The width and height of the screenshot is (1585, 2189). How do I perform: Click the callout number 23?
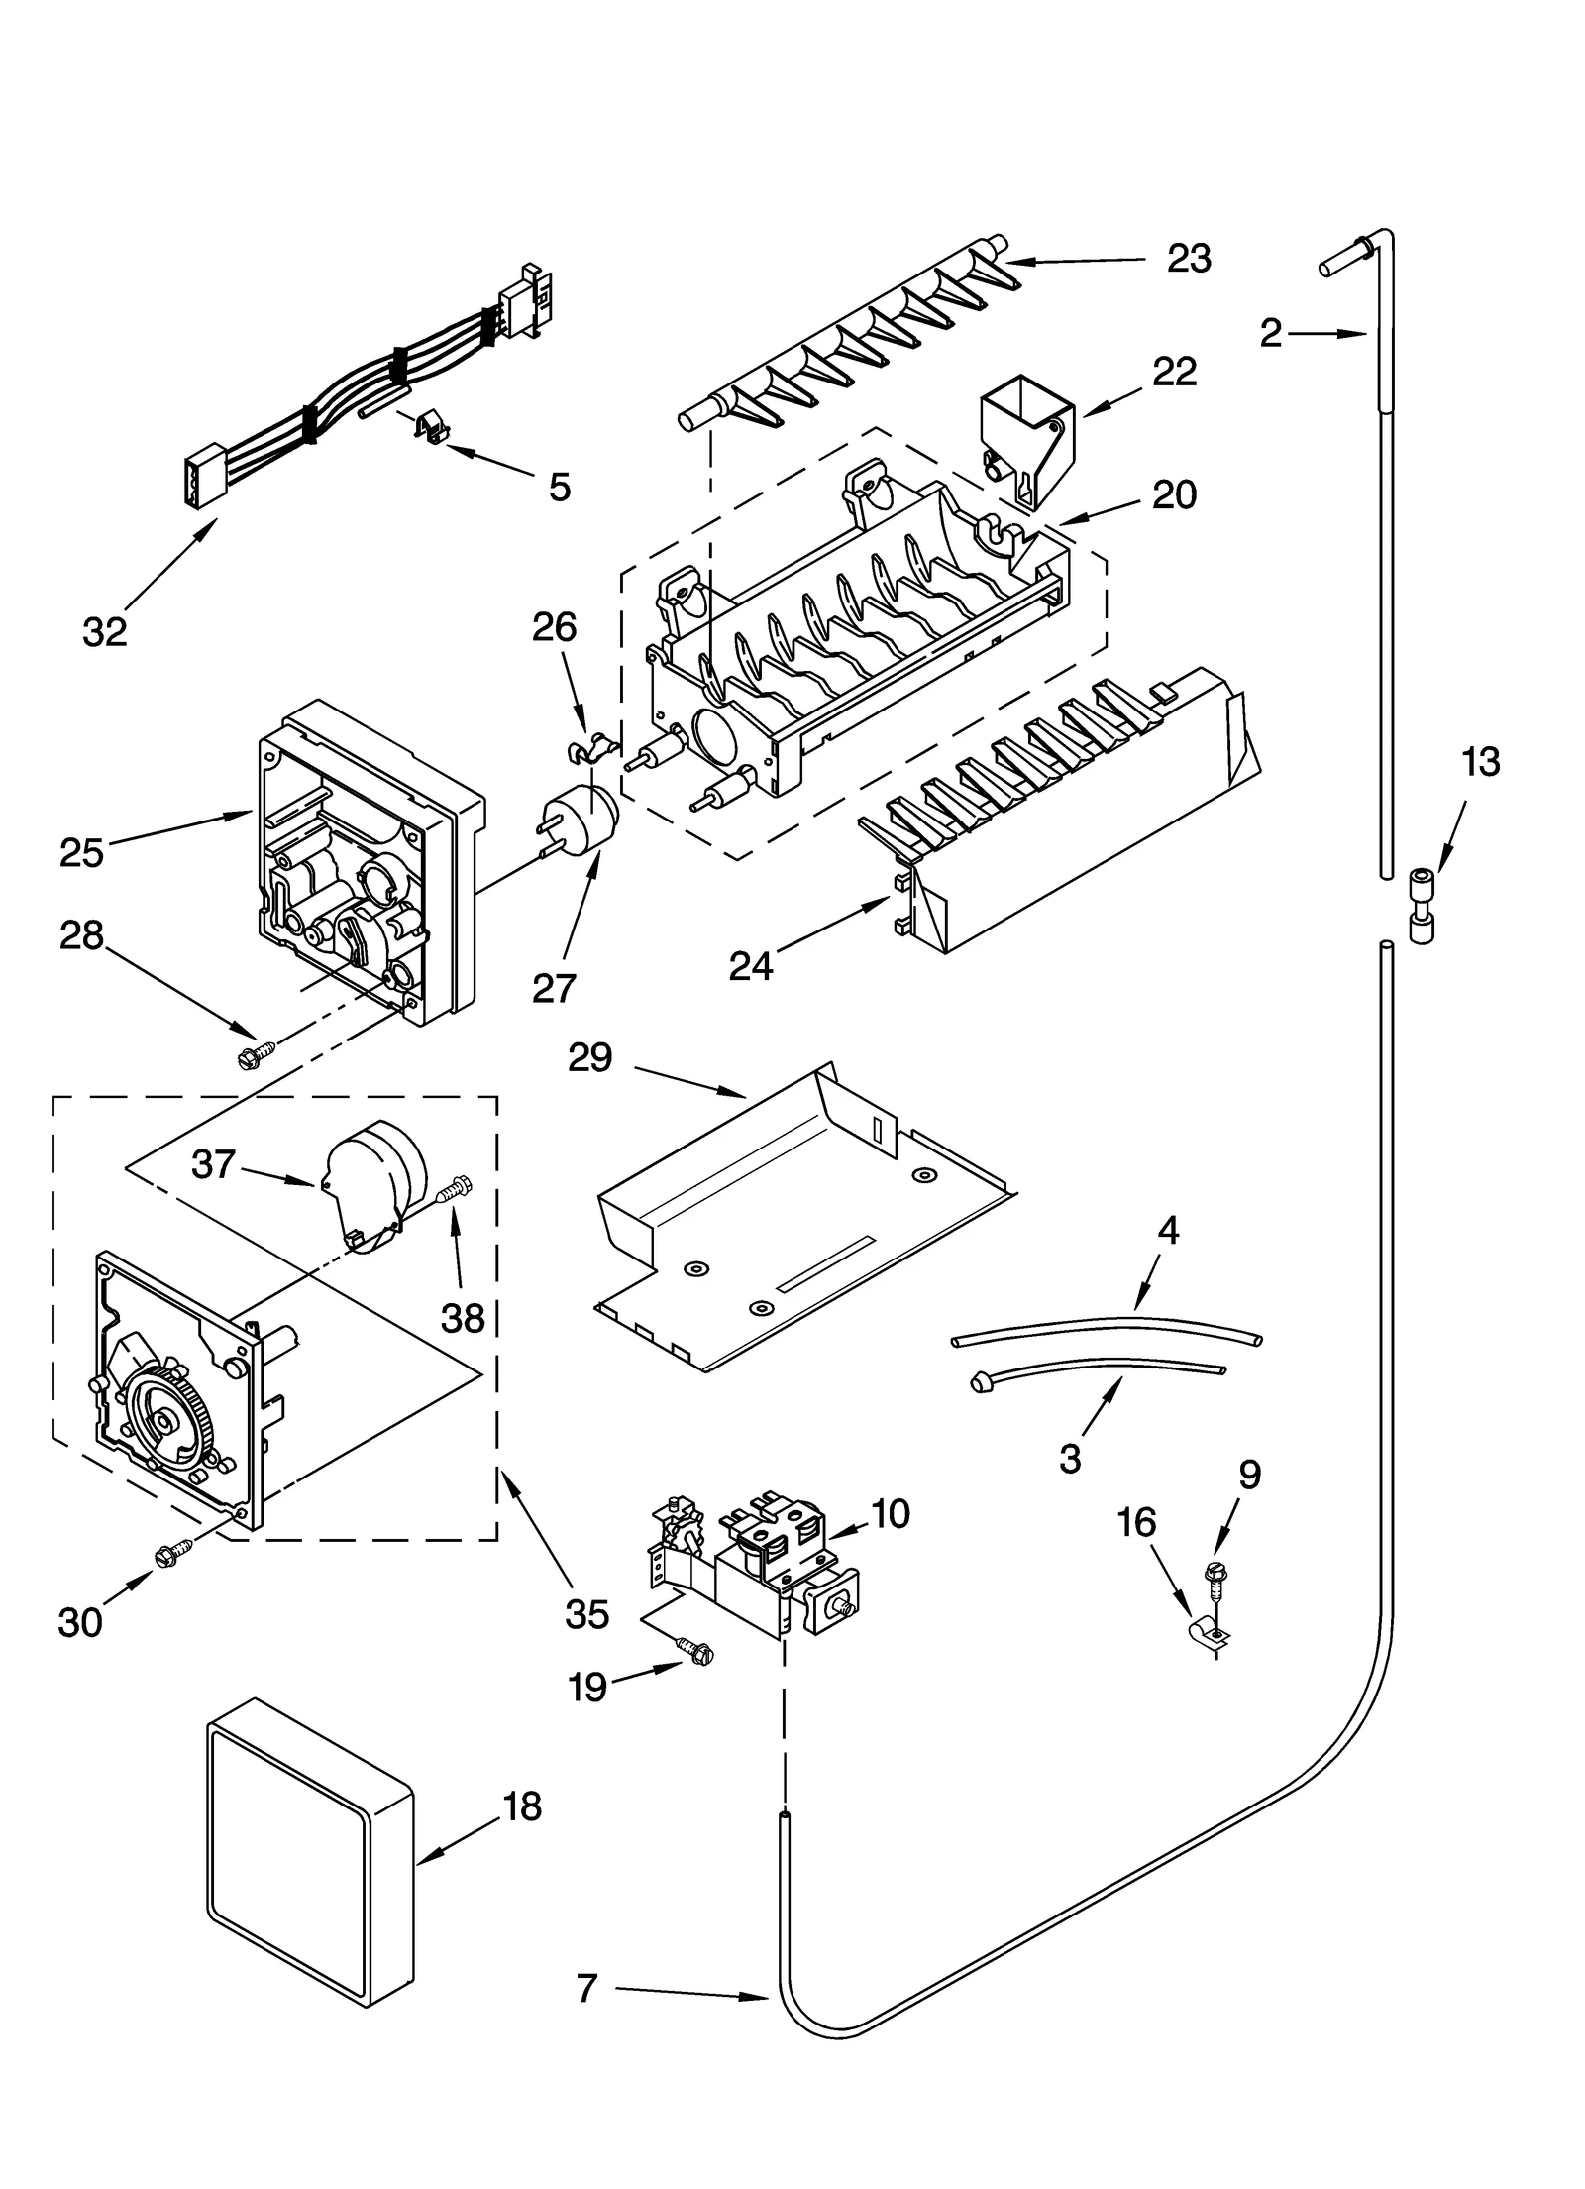[1188, 259]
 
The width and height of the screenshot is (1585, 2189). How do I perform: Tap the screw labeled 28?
[251, 1052]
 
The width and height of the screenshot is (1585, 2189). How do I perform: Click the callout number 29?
[590, 1057]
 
